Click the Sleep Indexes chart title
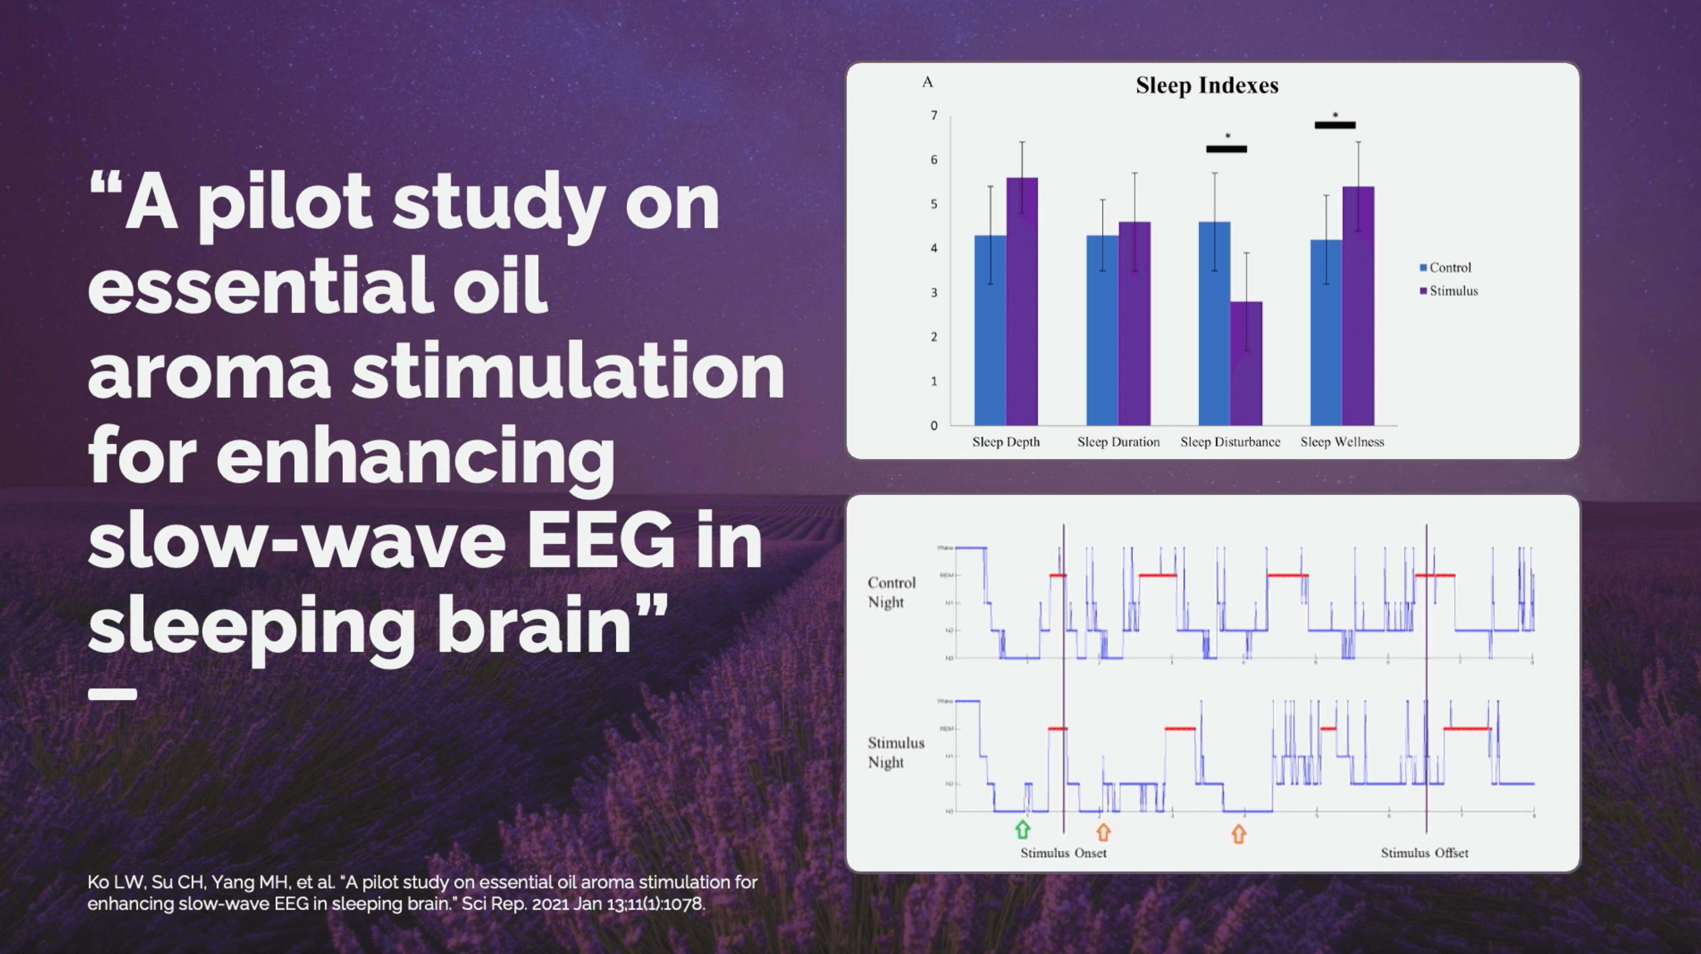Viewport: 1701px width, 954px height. point(1207,85)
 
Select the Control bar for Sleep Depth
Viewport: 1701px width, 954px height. point(990,330)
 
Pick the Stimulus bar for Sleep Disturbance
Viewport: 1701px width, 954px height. point(1246,363)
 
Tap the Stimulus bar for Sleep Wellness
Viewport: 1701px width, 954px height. point(1358,310)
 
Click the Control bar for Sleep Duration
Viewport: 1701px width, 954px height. point(1102,330)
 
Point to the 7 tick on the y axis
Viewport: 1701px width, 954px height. point(934,116)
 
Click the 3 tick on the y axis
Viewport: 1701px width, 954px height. point(934,293)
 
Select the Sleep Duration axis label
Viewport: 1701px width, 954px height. point(1118,442)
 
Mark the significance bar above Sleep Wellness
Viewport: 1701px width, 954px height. point(1335,125)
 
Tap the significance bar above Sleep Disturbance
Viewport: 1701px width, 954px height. point(1226,149)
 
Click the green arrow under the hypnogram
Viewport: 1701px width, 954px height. point(1022,829)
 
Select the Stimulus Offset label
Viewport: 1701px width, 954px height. point(1425,853)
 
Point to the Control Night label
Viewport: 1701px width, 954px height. point(891,592)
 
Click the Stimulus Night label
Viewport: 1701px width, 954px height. point(895,752)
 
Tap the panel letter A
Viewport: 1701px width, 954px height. point(928,82)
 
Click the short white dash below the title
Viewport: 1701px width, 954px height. point(112,694)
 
